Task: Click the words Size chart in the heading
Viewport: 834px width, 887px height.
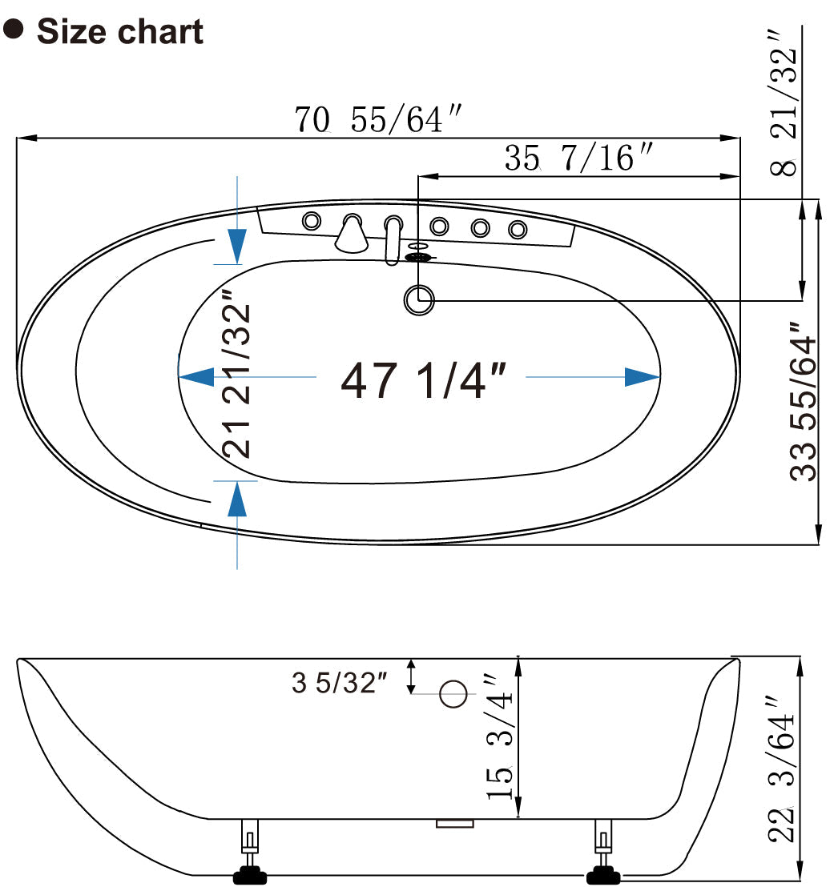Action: tap(120, 32)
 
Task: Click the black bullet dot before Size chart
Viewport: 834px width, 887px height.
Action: tap(14, 30)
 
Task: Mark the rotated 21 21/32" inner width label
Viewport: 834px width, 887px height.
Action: tap(238, 379)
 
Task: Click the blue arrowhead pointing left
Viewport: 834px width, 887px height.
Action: tap(195, 376)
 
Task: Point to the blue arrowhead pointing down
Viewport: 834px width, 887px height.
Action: tap(236, 243)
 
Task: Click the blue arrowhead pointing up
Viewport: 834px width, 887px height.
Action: tap(236, 500)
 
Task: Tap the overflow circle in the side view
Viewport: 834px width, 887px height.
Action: tap(453, 694)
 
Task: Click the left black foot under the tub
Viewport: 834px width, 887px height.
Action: tap(249, 875)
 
